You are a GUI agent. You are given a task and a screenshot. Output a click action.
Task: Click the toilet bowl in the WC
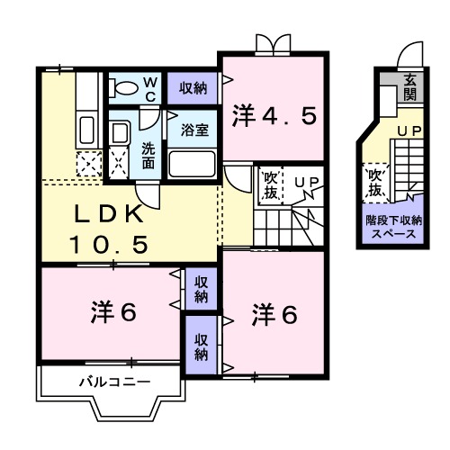122,87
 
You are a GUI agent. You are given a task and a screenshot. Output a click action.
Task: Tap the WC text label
151,86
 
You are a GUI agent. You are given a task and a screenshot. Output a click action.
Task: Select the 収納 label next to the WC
192,87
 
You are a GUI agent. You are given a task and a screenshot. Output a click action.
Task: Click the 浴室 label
194,129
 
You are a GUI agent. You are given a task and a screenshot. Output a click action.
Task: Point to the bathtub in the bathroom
191,164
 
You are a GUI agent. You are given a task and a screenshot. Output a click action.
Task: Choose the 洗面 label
148,152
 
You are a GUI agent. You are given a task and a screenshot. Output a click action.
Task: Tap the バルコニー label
113,382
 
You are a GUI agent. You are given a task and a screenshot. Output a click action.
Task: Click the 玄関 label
410,86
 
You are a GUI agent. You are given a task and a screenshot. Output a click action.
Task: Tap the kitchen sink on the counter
87,125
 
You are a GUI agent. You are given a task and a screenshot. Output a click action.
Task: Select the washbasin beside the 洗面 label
121,134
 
